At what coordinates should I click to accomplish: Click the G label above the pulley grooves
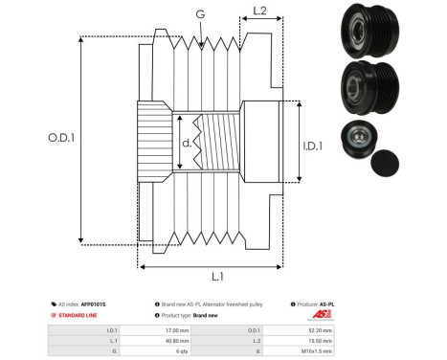199,13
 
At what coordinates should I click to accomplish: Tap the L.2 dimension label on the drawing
259,11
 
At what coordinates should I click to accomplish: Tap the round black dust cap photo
386,161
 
